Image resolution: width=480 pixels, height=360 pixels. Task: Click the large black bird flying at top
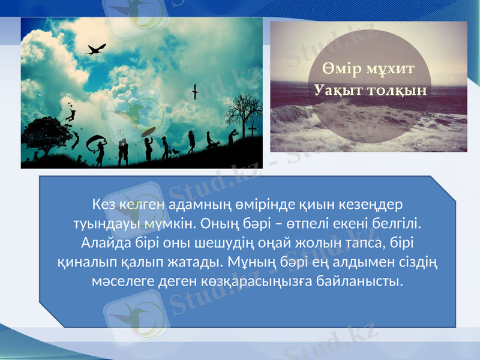tap(96, 49)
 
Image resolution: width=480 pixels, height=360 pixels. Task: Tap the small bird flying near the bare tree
tap(195, 91)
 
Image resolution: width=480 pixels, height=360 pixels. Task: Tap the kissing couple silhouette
tap(122, 150)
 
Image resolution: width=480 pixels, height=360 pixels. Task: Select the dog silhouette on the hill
tap(175, 151)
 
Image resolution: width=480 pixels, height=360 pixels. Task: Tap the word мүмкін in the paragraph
tap(195, 223)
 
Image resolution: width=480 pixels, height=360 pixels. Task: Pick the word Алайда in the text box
tap(101, 242)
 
